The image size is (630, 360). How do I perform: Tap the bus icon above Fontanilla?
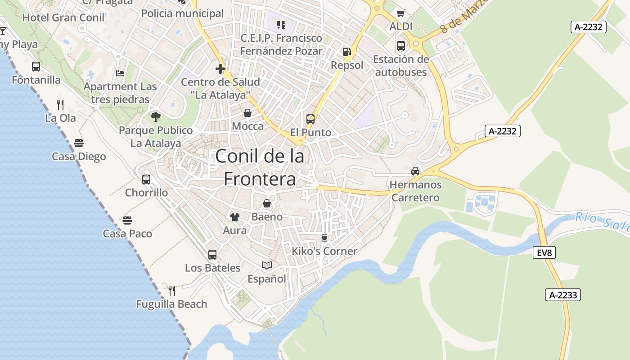point(36,67)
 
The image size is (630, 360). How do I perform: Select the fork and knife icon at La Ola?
point(60,105)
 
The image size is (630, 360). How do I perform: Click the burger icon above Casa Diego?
point(79,143)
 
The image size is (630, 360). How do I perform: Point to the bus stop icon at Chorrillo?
point(146,180)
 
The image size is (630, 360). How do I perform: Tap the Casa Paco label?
point(127,234)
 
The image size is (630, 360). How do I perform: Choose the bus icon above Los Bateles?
point(212,255)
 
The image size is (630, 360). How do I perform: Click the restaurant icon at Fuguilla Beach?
point(171,291)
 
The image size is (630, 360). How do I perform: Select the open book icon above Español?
point(267,265)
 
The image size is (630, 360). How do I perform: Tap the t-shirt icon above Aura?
point(234,217)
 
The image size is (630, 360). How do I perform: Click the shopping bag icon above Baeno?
point(267,203)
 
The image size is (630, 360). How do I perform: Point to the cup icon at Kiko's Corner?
point(324,238)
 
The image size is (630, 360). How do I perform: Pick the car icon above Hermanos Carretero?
point(415,171)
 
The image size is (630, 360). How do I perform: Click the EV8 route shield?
point(544,253)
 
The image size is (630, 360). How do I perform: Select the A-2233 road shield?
point(562,295)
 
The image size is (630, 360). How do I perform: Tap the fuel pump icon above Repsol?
point(346,52)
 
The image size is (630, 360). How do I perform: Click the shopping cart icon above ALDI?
point(400,13)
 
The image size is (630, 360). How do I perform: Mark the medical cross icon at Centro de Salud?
point(220,69)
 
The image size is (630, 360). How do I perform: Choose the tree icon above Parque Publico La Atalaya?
point(156,117)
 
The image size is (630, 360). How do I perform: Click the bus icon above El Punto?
point(310,119)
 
